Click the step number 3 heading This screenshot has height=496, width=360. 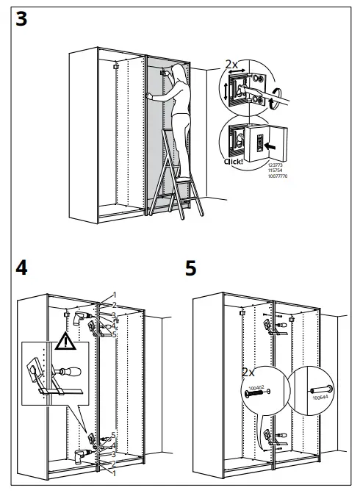(21, 19)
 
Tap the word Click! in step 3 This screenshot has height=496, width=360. (233, 160)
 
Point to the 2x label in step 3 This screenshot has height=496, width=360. (230, 65)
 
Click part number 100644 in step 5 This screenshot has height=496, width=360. (318, 398)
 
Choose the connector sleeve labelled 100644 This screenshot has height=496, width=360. (322, 387)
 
